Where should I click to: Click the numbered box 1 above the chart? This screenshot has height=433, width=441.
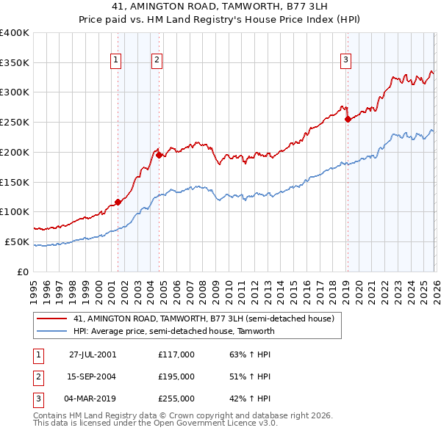116,61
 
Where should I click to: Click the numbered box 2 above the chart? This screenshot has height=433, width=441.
157,61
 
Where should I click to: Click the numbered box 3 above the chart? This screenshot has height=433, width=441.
345,61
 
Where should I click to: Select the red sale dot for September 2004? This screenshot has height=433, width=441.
159,155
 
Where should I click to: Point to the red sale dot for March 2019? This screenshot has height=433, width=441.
348,120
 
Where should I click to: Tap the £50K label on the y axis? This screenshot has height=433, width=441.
17,241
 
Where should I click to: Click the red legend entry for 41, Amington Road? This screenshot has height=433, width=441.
204,319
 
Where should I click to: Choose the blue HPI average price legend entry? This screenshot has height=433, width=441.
173,331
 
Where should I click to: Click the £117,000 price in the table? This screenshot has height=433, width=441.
176,354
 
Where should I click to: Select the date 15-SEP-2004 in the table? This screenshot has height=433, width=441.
93,376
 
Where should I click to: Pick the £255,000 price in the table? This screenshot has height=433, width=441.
176,399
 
